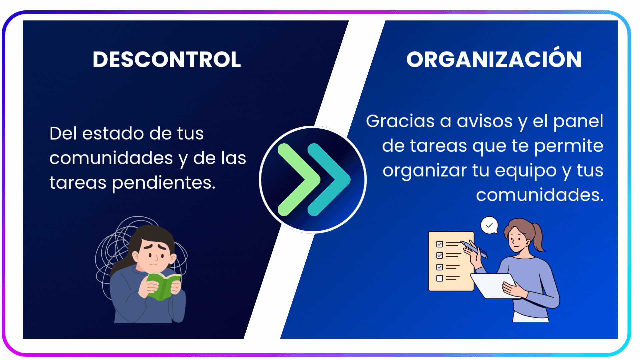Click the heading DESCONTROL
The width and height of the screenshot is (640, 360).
click(x=167, y=60)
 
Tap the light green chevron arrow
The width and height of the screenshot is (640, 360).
click(x=298, y=180)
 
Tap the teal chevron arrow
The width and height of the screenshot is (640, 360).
click(x=328, y=180)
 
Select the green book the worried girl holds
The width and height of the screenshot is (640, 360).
click(x=163, y=286)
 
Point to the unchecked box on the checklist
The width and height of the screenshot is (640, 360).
click(x=440, y=278)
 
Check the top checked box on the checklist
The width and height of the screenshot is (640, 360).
click(x=440, y=244)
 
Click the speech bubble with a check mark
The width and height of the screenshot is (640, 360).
click(x=489, y=226)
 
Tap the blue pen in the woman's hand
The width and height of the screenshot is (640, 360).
click(x=474, y=249)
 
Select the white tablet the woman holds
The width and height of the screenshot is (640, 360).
click(x=493, y=286)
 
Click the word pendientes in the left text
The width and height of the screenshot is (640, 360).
click(x=164, y=183)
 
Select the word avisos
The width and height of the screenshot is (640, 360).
click(x=484, y=121)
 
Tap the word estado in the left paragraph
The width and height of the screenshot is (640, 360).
click(x=113, y=133)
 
